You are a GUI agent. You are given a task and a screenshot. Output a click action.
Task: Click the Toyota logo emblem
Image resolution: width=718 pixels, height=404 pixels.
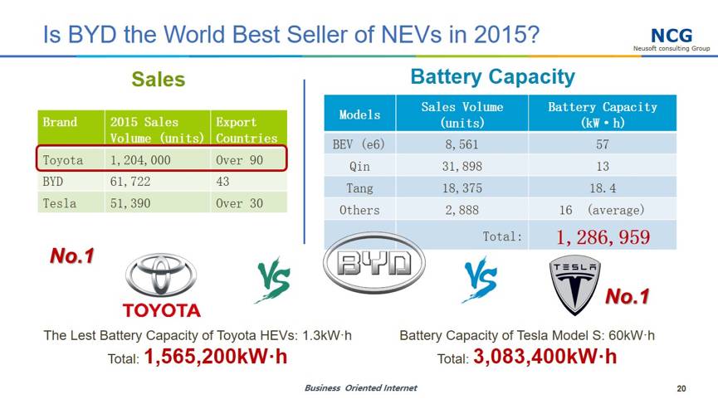[x=161, y=275]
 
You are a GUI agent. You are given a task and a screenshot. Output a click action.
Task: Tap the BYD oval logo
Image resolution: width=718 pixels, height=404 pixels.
[x=374, y=263]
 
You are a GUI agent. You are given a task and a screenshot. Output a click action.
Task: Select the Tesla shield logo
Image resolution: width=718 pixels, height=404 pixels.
[x=574, y=285]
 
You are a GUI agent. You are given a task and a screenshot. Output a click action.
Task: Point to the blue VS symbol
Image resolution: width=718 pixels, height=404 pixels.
[x=480, y=279]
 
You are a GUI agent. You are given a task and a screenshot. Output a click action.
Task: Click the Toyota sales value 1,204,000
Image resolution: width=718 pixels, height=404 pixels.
[x=140, y=160]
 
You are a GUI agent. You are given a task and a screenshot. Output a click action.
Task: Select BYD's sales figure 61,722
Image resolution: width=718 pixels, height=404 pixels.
[x=130, y=182]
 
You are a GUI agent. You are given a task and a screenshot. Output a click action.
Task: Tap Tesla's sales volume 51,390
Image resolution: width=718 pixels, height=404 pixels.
[x=130, y=203]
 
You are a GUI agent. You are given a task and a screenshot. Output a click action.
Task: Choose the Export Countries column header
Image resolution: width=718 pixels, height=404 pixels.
[x=247, y=130]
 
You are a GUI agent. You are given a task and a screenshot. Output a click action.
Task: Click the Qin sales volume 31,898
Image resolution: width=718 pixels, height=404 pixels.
[x=462, y=166]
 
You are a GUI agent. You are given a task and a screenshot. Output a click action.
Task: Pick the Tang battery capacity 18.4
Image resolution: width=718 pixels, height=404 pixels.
[x=603, y=188]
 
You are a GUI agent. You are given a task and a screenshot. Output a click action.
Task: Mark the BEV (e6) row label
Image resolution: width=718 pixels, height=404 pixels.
[x=359, y=144]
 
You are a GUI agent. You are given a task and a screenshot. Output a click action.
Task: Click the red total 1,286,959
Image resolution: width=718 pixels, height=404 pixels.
[x=603, y=237]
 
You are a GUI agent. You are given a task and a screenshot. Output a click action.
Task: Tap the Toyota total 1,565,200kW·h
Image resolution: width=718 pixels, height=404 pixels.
[x=216, y=357]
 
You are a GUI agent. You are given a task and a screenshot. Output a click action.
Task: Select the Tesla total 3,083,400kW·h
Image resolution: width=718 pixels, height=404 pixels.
[x=545, y=357]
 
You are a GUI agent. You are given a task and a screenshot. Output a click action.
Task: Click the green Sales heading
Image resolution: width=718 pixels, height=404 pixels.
[x=159, y=79]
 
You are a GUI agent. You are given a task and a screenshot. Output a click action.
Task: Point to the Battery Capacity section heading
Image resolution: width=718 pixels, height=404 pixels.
[x=493, y=77]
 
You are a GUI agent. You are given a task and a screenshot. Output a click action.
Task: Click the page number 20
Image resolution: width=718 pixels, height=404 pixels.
[x=681, y=388]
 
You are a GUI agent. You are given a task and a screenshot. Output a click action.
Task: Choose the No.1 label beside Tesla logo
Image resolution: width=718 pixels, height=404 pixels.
[x=627, y=296]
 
